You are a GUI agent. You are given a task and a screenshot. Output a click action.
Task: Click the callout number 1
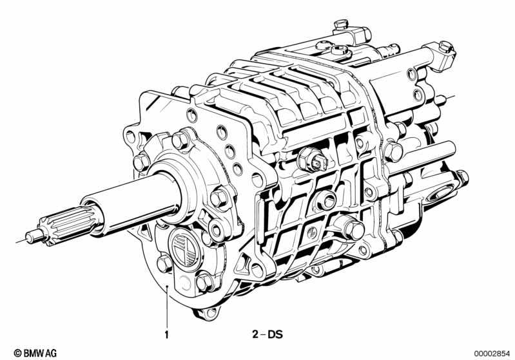pyautogui.click(x=166, y=335)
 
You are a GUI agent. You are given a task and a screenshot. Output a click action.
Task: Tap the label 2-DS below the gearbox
pyautogui.click(x=267, y=334)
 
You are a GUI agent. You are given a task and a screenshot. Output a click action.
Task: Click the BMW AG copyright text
pyautogui.click(x=35, y=353)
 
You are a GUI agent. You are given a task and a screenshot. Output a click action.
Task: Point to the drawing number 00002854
pyautogui.click(x=492, y=354)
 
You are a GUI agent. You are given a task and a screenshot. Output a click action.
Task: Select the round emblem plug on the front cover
pyautogui.click(x=184, y=248)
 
